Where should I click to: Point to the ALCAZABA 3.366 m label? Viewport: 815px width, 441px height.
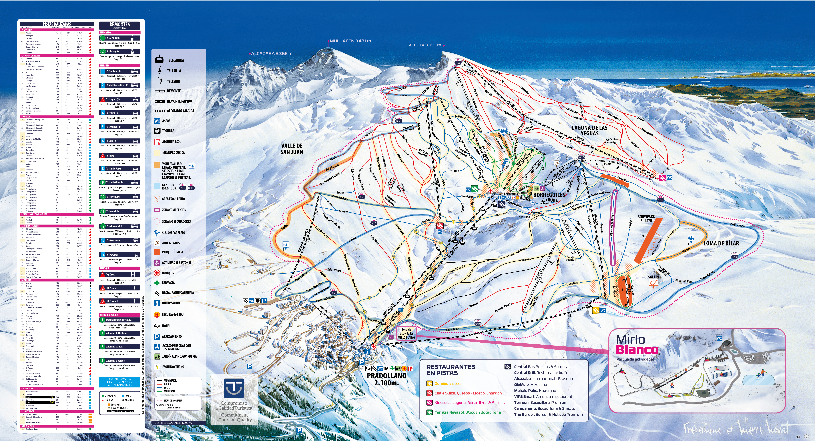click(271, 54)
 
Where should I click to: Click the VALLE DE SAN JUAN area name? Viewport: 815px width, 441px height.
click(292, 149)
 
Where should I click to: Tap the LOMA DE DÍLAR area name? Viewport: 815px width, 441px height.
click(721, 244)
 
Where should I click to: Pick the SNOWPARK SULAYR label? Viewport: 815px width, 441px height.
click(646, 219)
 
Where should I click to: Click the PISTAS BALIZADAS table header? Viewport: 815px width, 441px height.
click(57, 24)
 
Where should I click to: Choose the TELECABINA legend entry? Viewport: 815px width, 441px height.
click(175, 60)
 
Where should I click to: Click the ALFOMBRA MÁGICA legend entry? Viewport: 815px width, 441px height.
click(180, 111)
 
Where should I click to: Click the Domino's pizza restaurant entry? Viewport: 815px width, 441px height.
click(448, 384)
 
